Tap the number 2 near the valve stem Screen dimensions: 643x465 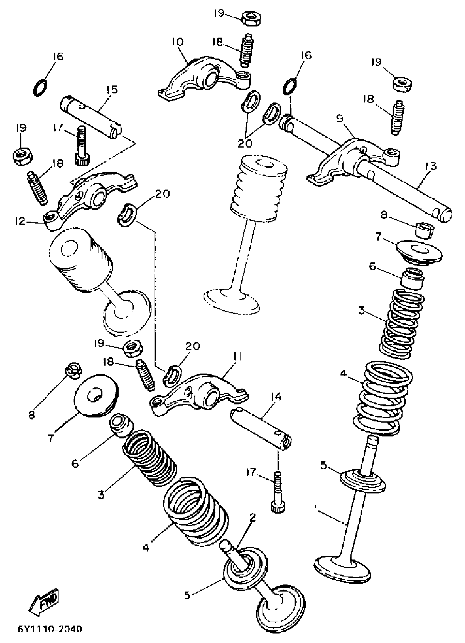pyautogui.click(x=252, y=518)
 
